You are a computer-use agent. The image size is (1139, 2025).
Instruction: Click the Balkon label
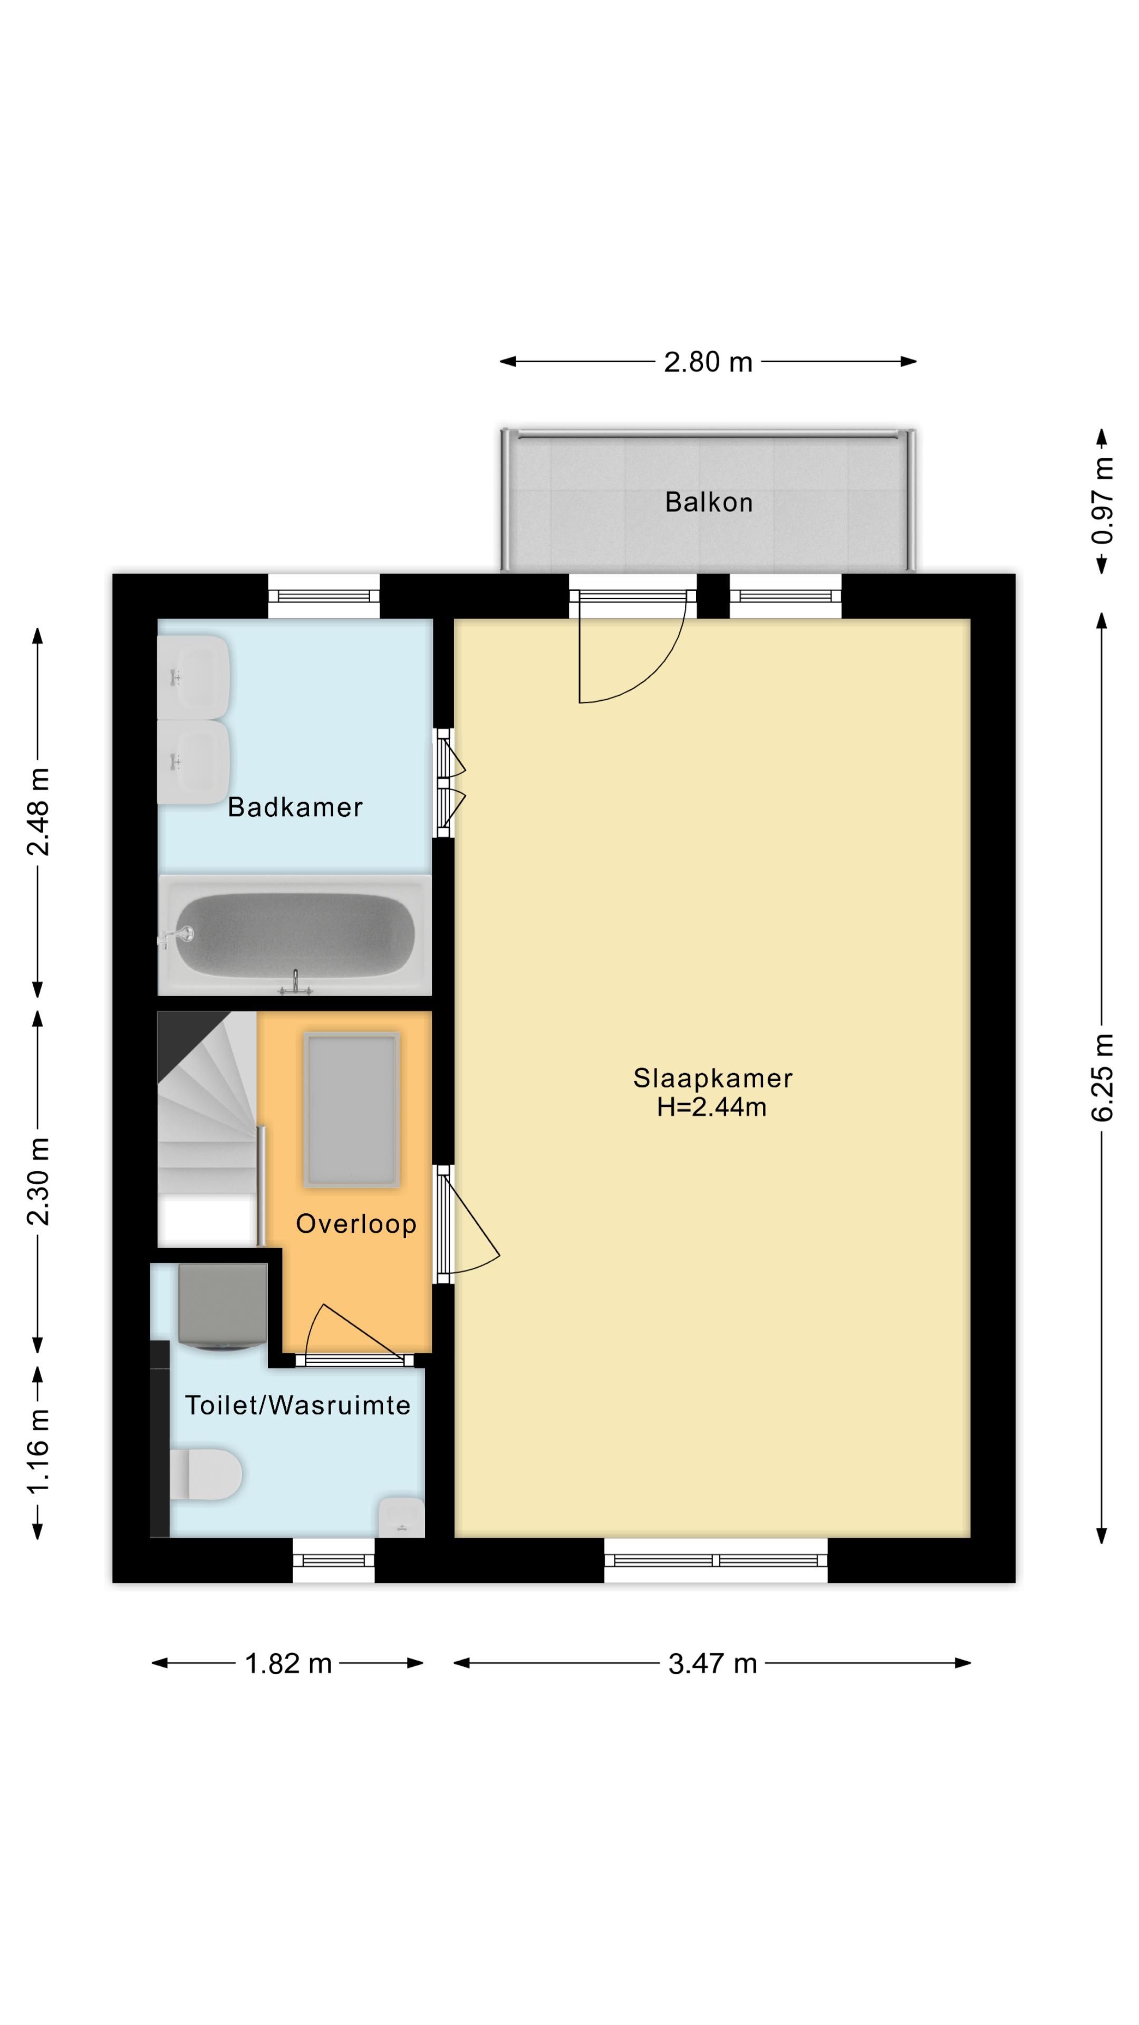708,503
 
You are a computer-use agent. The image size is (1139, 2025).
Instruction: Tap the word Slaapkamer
713,1078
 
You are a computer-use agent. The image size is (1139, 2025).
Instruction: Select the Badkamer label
295,807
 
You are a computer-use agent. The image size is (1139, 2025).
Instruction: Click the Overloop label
356,1224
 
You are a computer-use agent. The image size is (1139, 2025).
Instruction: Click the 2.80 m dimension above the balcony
708,362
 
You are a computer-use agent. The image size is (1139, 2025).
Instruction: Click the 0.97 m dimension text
1102,501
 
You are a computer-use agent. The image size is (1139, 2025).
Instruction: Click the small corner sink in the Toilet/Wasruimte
402,1517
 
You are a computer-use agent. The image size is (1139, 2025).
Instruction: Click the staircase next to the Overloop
208,1129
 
